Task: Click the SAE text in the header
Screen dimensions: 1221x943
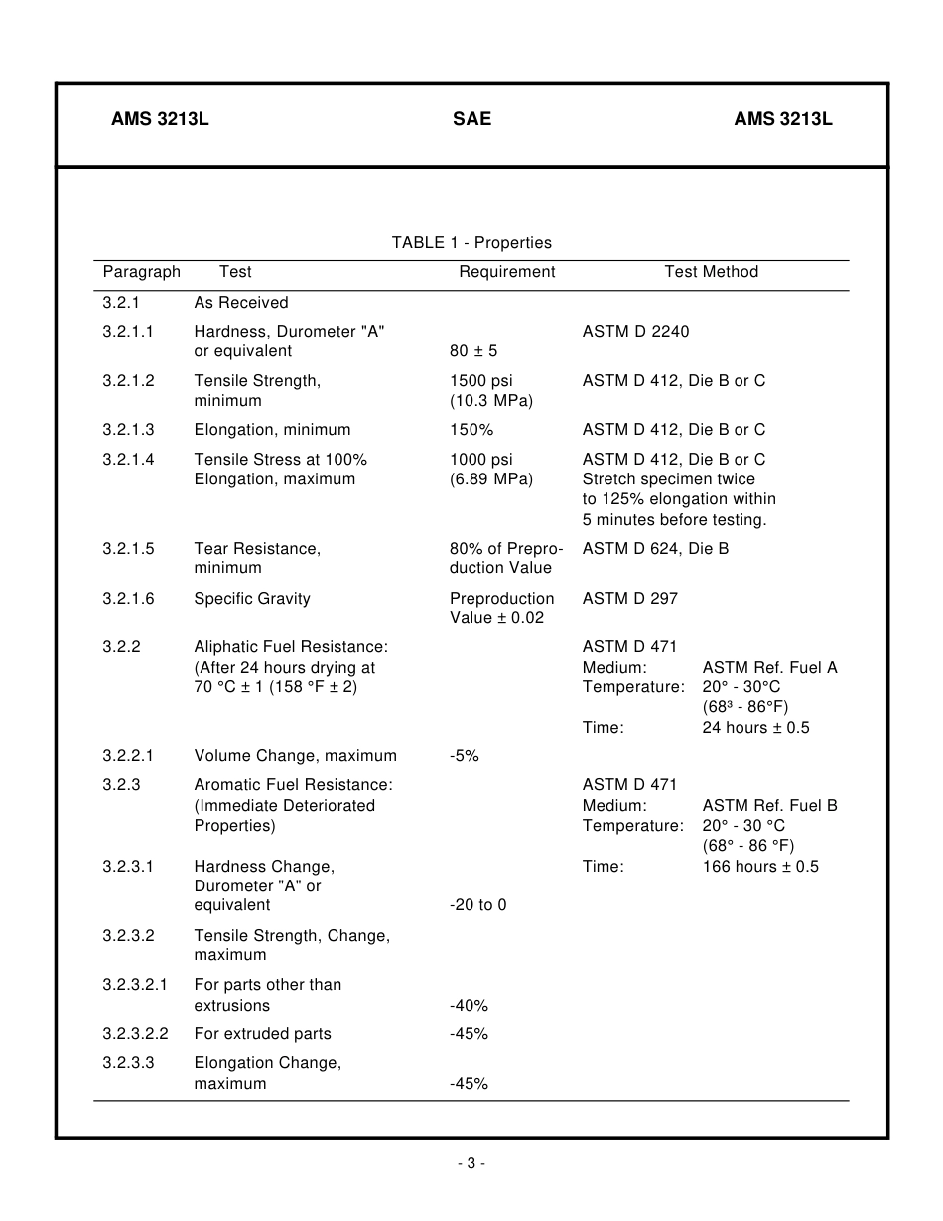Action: [471, 119]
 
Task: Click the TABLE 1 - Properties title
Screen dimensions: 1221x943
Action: [471, 243]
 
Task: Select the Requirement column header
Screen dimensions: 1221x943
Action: [506, 272]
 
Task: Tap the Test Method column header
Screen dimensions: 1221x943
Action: [711, 272]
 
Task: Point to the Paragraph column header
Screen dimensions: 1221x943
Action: [141, 272]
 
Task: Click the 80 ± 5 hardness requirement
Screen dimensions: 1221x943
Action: [473, 351]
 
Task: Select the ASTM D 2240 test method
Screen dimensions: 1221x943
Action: [635, 332]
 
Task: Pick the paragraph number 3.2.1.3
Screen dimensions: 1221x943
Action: [128, 430]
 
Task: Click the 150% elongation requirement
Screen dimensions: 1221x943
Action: [471, 430]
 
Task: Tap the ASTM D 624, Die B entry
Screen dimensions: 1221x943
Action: [655, 548]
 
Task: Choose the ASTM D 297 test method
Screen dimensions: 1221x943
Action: [629, 599]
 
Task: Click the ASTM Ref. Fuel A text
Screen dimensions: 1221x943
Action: [769, 667]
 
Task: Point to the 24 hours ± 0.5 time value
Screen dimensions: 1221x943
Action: [755, 728]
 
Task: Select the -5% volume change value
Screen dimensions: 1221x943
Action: [464, 756]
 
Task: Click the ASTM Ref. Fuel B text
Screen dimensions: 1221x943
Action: [769, 806]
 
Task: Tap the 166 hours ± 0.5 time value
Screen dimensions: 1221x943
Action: [760, 867]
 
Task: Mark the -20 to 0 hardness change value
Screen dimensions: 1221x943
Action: [477, 905]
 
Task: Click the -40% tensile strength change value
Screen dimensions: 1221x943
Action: [469, 1006]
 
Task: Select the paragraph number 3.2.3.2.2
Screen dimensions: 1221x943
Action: [135, 1034]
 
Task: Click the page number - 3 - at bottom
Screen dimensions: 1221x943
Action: [471, 1164]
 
